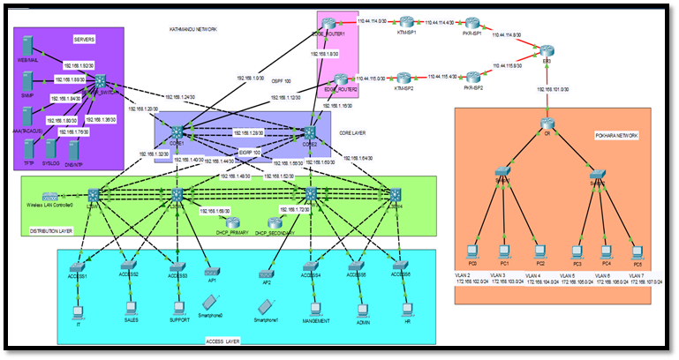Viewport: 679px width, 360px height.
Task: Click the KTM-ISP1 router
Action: click(405, 21)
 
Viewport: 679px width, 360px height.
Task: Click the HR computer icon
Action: click(407, 308)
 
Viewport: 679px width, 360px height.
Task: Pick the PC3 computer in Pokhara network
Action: click(576, 250)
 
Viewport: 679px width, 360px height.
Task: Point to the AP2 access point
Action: click(266, 270)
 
